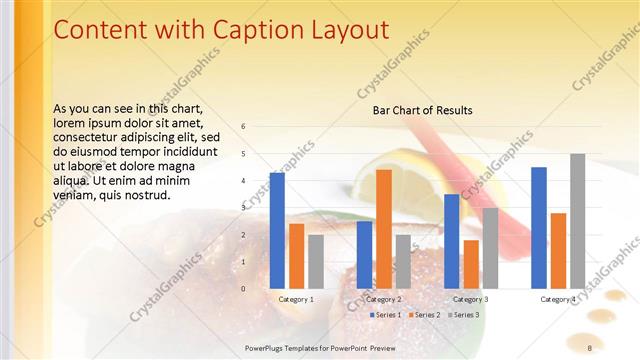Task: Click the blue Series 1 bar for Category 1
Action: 277,230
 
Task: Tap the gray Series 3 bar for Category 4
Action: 578,221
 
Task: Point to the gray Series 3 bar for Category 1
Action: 316,261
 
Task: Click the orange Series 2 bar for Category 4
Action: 558,250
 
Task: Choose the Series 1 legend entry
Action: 386,315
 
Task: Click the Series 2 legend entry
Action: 423,315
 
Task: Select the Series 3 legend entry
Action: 463,315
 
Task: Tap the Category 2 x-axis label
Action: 384,299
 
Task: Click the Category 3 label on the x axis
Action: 471,299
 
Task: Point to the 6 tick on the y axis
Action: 243,126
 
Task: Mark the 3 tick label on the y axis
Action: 243,207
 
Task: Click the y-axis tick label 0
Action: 243,288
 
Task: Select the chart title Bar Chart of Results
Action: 422,110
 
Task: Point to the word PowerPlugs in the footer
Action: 267,348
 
